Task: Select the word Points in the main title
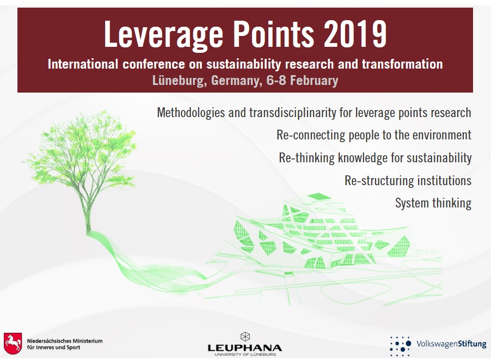pyautogui.click(x=273, y=34)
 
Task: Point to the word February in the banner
pyautogui.click(x=314, y=81)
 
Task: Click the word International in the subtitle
pyautogui.click(x=83, y=64)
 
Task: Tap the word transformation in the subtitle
pyautogui.click(x=402, y=64)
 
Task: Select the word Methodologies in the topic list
pyautogui.click(x=191, y=113)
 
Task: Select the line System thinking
pyautogui.click(x=433, y=203)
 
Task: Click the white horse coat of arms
pyautogui.click(x=13, y=344)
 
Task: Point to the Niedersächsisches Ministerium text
pyautogui.click(x=65, y=344)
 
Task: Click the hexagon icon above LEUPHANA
pyautogui.click(x=245, y=337)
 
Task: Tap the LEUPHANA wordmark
pyautogui.click(x=245, y=348)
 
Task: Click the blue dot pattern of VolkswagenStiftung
pyautogui.click(x=400, y=346)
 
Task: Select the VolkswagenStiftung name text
pyautogui.click(x=451, y=344)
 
